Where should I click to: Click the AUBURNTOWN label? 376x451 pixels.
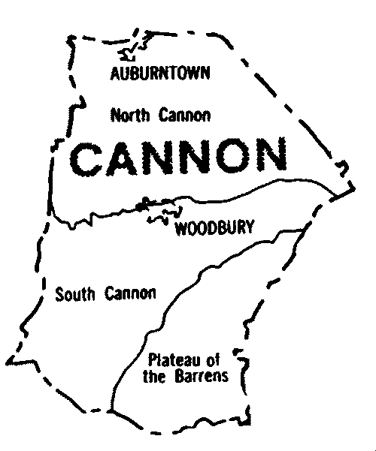click(x=159, y=74)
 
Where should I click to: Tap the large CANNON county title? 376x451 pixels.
click(x=179, y=157)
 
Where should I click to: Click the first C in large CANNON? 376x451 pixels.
click(x=89, y=157)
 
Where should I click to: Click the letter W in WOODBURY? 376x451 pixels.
click(x=180, y=228)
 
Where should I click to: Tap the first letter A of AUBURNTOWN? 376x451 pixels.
click(x=114, y=74)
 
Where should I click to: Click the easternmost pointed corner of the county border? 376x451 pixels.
click(x=353, y=188)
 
